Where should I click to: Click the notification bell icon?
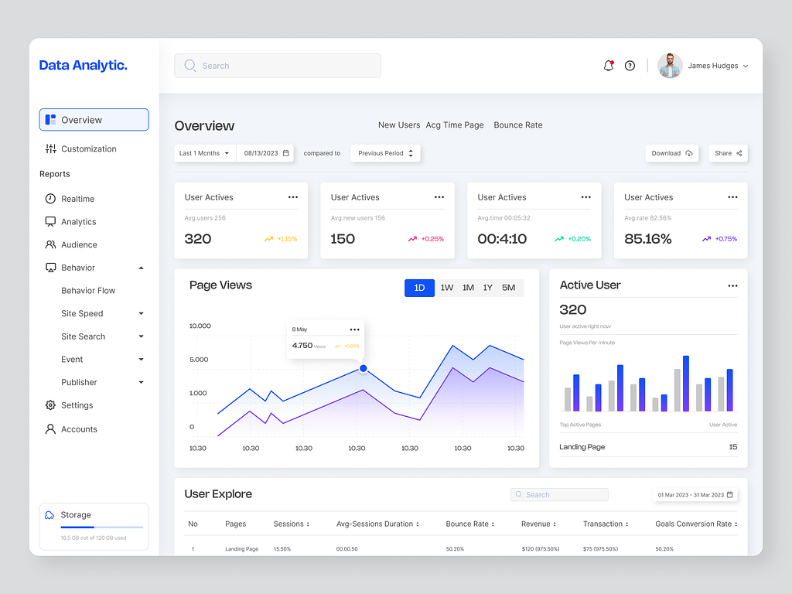[608, 66]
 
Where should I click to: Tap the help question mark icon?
[630, 66]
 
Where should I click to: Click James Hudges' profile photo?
[670, 66]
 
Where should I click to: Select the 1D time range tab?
[419, 288]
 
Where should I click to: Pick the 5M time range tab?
[508, 288]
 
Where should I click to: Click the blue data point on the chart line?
[364, 369]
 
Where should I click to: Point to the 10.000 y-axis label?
[200, 326]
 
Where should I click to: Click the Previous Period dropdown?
[385, 153]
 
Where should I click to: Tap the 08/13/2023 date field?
[266, 153]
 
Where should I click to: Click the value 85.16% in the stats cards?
[647, 239]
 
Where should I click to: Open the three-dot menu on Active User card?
[732, 286]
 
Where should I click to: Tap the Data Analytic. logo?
[83, 66]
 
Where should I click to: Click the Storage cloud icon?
[49, 515]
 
